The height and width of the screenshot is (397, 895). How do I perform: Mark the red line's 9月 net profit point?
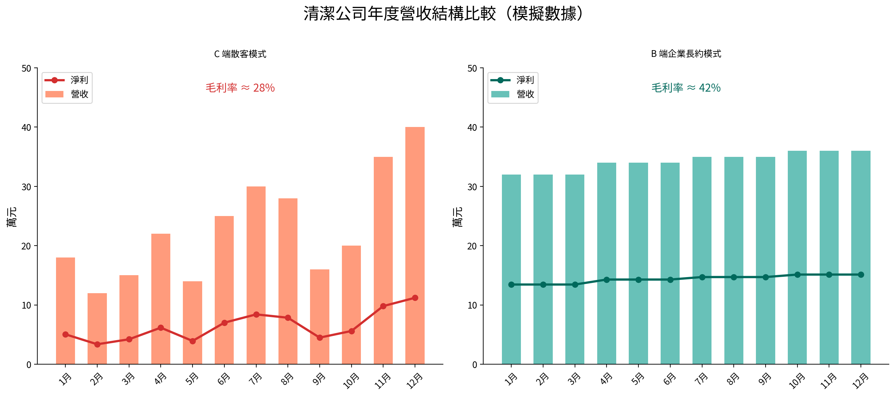pos(320,337)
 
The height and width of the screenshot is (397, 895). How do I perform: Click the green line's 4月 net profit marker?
pos(607,280)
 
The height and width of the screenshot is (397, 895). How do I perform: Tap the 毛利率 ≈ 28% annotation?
pos(240,88)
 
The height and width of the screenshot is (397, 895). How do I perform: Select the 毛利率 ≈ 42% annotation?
pos(686,88)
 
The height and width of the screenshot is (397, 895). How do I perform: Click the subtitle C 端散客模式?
pos(240,54)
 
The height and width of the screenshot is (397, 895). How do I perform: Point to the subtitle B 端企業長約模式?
pos(686,54)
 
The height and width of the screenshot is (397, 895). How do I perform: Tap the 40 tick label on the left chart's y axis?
pos(26,128)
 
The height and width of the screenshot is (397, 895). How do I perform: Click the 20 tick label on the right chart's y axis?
pos(472,246)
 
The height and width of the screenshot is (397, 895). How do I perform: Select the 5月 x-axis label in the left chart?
pos(192,379)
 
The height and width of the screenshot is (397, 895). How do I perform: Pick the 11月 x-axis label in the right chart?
pos(828,380)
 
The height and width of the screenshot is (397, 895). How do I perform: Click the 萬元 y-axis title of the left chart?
pos(12,217)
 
